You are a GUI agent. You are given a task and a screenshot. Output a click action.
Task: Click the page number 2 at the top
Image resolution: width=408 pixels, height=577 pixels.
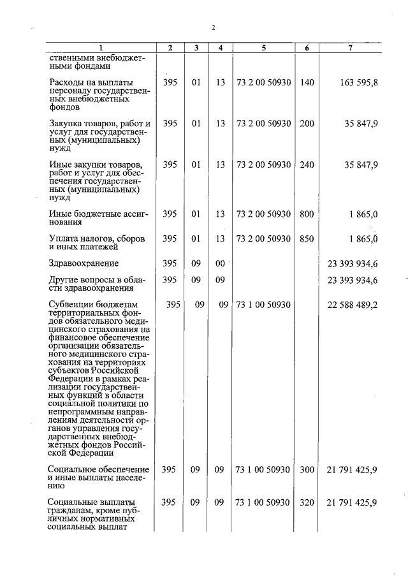tap(213, 27)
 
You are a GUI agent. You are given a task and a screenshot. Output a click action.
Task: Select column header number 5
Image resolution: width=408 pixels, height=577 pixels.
tap(263, 48)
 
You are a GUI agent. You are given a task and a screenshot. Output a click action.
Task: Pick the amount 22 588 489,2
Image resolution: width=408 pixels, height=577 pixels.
tap(353, 305)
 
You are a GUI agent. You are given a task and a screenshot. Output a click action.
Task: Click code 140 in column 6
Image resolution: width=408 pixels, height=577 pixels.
tap(307, 82)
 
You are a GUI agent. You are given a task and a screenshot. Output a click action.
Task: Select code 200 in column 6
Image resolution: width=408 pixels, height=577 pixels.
tap(307, 124)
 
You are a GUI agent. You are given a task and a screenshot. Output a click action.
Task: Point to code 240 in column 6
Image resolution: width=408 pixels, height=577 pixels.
tap(307, 164)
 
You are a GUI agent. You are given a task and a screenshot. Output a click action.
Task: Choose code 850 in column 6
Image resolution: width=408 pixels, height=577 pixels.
tap(307, 239)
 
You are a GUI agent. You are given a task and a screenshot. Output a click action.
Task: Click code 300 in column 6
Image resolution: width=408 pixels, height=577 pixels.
tap(307, 470)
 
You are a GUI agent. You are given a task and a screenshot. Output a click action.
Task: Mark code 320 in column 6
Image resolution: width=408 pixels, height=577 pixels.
tap(307, 502)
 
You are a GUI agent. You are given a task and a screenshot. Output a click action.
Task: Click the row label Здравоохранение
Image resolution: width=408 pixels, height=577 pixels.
tap(84, 263)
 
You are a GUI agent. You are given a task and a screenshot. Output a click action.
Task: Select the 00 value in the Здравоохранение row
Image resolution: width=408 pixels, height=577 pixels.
tap(220, 263)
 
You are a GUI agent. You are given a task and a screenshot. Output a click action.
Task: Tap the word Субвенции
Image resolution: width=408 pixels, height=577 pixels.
tap(71, 305)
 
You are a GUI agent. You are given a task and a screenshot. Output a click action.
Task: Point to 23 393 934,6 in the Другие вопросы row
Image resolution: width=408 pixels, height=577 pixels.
tap(353, 279)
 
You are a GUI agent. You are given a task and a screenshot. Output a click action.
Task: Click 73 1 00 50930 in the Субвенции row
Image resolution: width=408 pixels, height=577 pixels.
tap(263, 305)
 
